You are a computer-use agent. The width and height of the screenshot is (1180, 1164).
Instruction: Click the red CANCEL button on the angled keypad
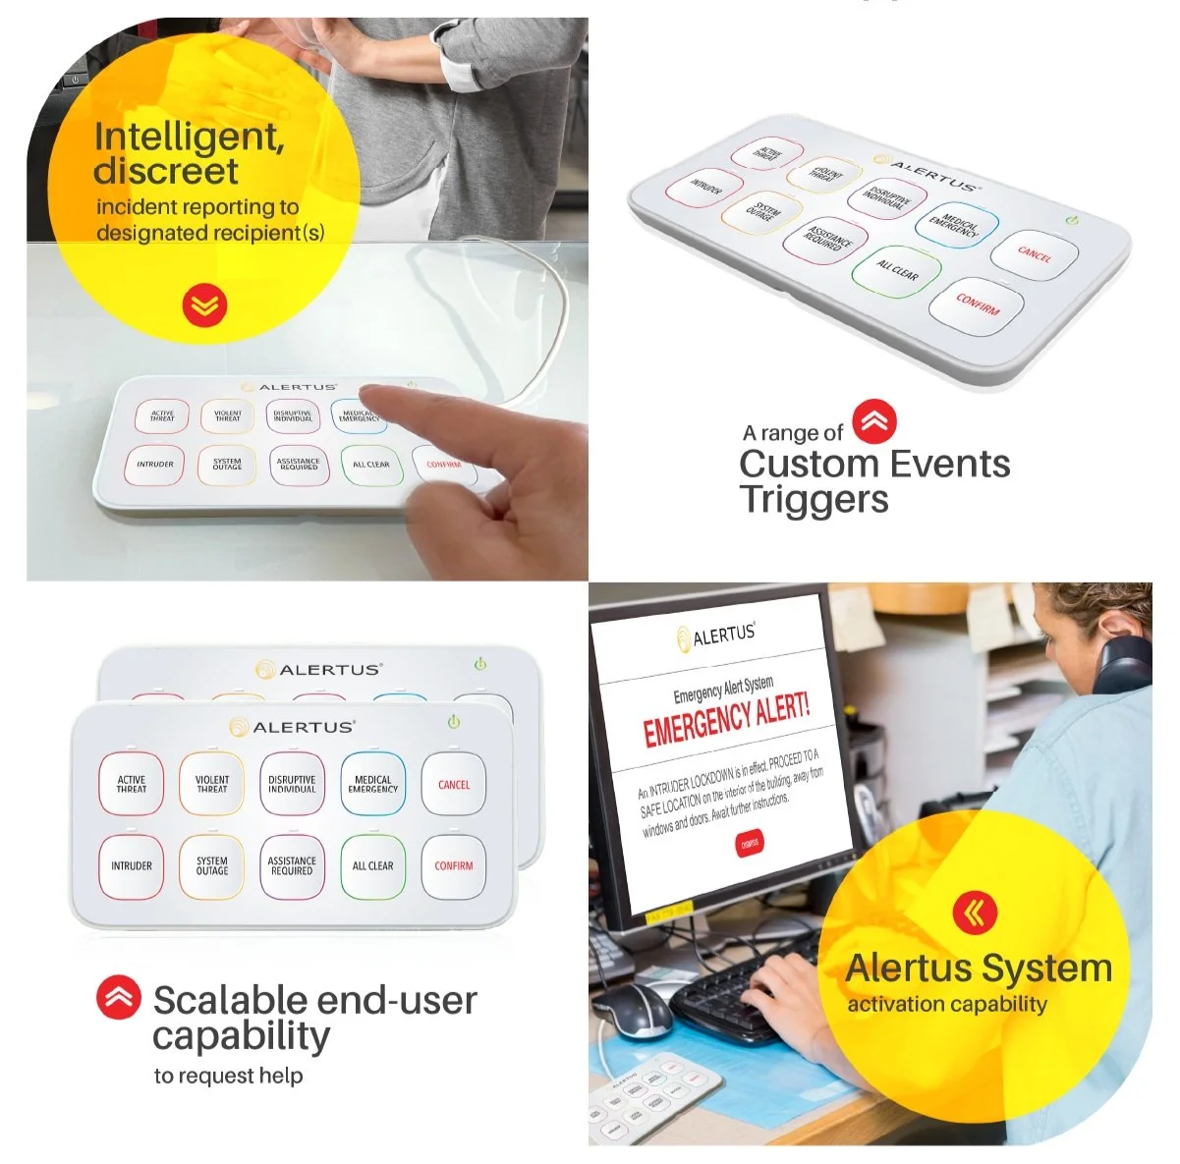pos(1034,253)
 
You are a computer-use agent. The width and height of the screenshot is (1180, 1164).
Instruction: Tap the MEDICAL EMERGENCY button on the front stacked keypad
pos(373,784)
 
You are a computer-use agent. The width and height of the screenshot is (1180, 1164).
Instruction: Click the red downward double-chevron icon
pos(204,305)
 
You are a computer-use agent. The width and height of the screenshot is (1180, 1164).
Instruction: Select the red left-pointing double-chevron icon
pos(975,914)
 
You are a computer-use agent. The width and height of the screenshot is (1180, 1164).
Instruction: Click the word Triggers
pos(815,499)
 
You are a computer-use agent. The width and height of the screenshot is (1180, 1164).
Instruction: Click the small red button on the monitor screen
pos(749,843)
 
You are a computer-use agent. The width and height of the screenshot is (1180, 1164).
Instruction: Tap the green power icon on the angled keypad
pos(1072,220)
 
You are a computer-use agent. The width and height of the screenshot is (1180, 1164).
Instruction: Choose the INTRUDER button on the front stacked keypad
pos(132,865)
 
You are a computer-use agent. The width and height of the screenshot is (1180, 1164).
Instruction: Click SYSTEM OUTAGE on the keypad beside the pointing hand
pos(227,464)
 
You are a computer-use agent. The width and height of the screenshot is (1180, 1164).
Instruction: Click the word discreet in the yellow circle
pos(166,171)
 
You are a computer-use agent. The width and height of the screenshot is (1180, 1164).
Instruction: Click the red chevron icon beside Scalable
pos(118,997)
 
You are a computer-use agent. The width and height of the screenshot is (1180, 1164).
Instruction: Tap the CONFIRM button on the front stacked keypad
pos(454,865)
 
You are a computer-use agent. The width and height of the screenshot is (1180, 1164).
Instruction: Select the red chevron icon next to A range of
pos(873,421)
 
